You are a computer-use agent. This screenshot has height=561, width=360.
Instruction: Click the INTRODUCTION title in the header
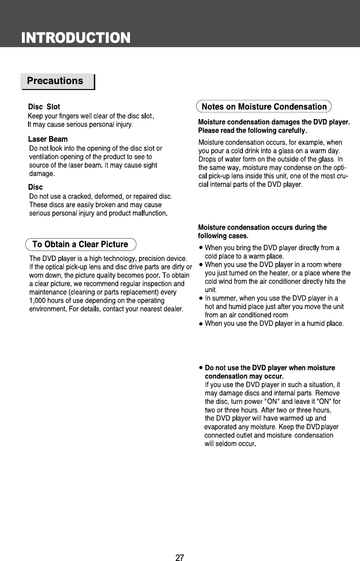pos(75,38)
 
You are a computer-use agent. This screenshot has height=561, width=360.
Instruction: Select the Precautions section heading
pos(55,81)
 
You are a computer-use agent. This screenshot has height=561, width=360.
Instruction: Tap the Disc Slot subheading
pos(44,107)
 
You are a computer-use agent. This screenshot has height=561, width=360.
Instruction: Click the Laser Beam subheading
pos(48,139)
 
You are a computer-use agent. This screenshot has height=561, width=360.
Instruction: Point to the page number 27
pos(180,558)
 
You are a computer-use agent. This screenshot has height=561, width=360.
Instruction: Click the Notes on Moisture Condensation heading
pos(264,106)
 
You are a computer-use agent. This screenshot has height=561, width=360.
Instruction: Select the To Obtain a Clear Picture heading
pos(80,244)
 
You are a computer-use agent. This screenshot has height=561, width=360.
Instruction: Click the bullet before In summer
pos(201,298)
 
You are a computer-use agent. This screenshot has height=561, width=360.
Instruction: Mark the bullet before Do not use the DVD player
pos(201,368)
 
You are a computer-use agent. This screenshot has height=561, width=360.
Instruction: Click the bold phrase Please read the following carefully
pos(252,130)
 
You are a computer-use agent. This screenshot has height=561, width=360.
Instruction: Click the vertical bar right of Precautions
pos(94,82)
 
